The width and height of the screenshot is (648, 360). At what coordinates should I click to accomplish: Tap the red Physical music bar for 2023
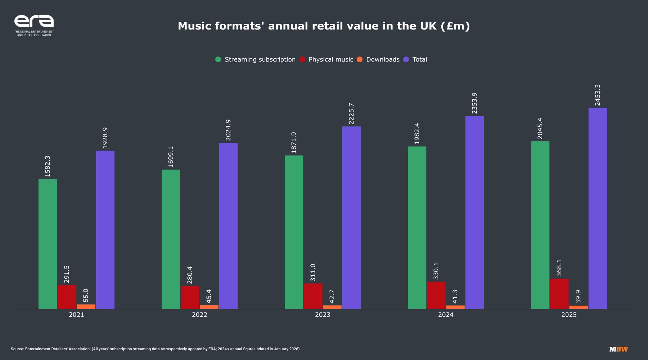(x=313, y=296)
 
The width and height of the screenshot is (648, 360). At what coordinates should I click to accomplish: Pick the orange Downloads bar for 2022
(x=209, y=307)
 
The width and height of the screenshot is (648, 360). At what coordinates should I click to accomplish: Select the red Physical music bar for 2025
(x=559, y=293)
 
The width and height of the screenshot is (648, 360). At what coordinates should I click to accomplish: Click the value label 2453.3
(x=598, y=95)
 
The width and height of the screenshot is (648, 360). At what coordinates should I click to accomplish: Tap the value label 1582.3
(x=48, y=166)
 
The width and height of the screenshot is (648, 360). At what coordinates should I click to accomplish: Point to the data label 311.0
(x=313, y=272)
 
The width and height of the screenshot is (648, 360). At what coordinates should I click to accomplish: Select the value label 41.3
(x=455, y=296)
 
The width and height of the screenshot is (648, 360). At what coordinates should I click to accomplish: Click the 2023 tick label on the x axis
(x=323, y=315)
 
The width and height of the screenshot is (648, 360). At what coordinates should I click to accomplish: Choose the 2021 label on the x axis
(x=76, y=315)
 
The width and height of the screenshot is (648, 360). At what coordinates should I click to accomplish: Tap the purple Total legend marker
(x=406, y=59)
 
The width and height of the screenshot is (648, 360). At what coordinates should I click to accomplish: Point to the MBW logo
(x=618, y=349)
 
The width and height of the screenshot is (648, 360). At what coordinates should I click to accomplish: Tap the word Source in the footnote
(x=17, y=349)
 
